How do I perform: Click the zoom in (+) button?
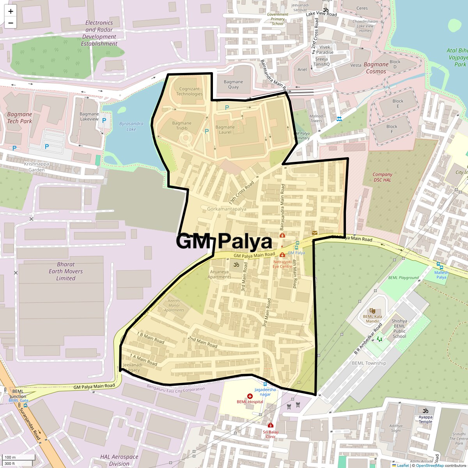coord(11,11)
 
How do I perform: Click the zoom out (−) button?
coord(11,23)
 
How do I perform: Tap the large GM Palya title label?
coord(224,241)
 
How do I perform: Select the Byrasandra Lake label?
coord(131,126)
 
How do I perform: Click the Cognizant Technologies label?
coord(189,91)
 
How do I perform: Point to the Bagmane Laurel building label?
coord(225,129)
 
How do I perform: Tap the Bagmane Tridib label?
coord(182,126)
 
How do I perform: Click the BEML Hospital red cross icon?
coord(250,396)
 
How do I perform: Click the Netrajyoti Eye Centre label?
coord(282,264)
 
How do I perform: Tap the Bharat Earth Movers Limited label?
coord(66,271)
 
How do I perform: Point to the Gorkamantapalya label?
coord(227,209)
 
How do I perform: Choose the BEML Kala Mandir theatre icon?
coord(372,310)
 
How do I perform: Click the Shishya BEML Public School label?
coord(399,329)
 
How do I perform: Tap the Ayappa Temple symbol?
coord(425,411)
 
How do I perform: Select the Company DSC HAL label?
coord(382,177)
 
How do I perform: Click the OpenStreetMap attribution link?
coord(429,465)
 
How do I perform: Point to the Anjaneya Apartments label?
coord(219,274)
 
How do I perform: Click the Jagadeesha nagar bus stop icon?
coord(265,384)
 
